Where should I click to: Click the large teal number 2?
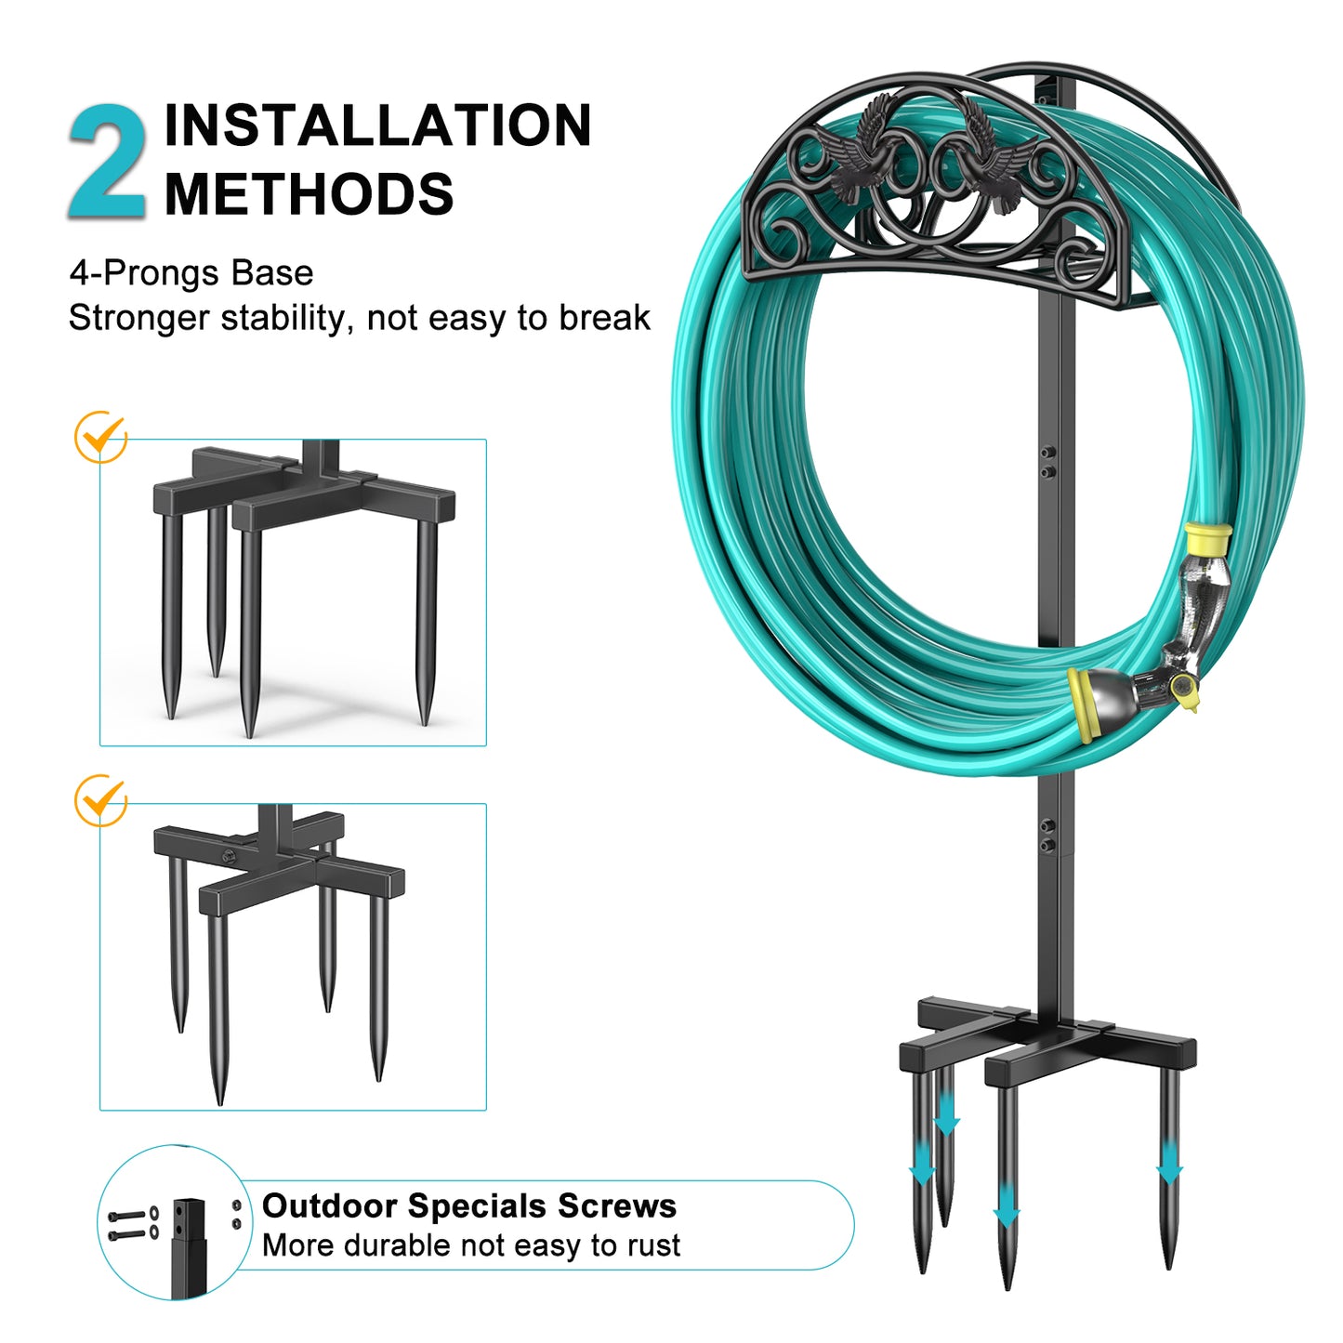tap(108, 163)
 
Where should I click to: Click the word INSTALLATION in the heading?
tap(377, 125)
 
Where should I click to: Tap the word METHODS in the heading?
tap(309, 193)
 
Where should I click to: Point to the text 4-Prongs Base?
tap(191, 272)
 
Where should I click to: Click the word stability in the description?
tap(283, 318)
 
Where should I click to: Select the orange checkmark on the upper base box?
tap(101, 436)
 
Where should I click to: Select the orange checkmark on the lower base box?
tap(101, 800)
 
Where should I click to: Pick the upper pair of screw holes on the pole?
tap(1047, 462)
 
